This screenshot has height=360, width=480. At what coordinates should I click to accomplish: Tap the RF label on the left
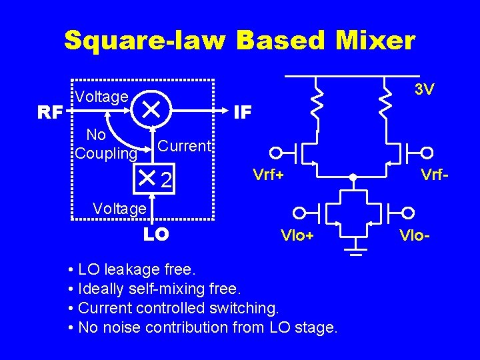[50, 112]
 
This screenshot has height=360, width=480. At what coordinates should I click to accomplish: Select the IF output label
[243, 112]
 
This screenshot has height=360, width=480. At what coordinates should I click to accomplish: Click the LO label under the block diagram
[156, 234]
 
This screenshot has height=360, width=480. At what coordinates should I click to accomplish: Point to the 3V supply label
[424, 89]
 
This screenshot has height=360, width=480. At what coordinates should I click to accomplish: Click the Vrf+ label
[268, 175]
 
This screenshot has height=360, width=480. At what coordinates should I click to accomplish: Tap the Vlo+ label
[297, 235]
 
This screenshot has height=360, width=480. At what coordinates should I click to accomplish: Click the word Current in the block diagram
[185, 146]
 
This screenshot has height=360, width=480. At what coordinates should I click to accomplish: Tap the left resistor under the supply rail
[318, 103]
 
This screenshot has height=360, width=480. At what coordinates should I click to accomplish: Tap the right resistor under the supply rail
[385, 103]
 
